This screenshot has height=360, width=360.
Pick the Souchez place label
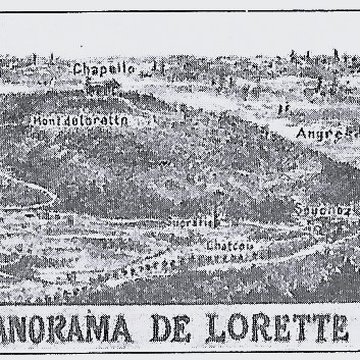click(x=321, y=211)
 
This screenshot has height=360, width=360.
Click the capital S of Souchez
click(x=299, y=210)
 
